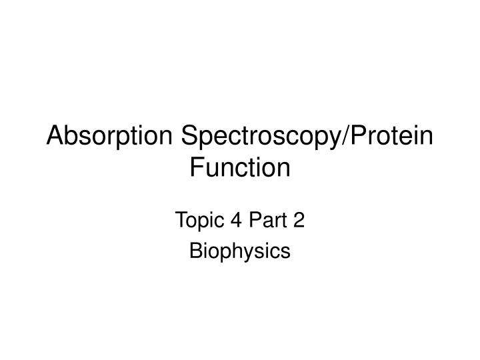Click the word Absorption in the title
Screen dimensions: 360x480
(110, 137)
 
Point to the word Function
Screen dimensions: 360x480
(240, 167)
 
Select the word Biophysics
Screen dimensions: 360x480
(240, 251)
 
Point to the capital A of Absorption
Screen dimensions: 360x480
(55, 137)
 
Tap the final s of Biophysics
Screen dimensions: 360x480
(287, 251)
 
